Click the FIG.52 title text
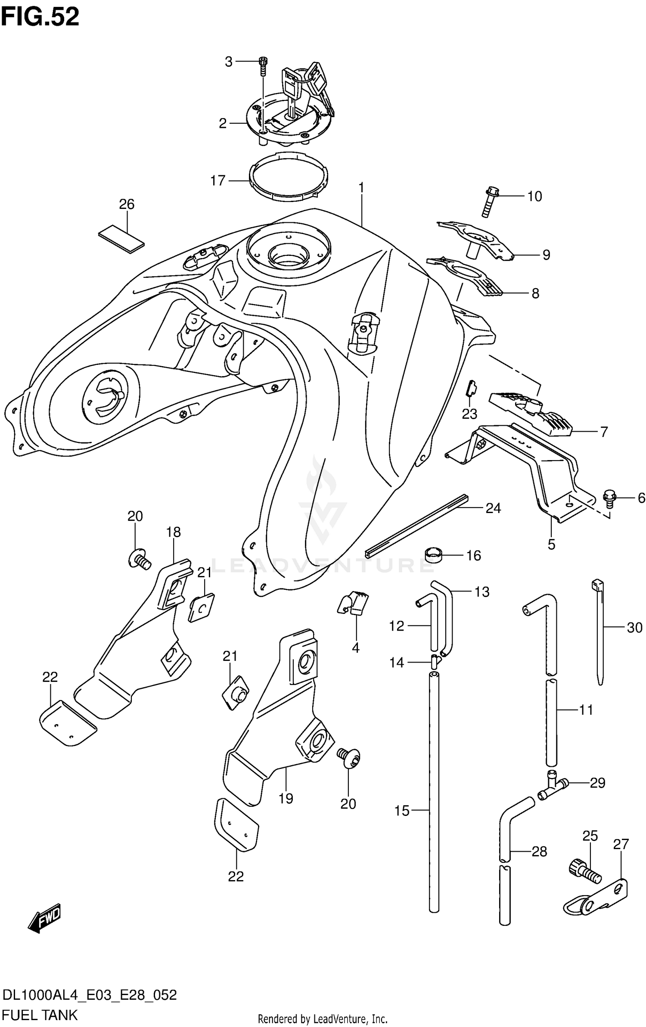(40, 17)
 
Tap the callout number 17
(218, 181)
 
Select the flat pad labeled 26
(121, 239)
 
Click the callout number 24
(493, 508)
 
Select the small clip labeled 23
(472, 388)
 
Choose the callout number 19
(286, 798)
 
